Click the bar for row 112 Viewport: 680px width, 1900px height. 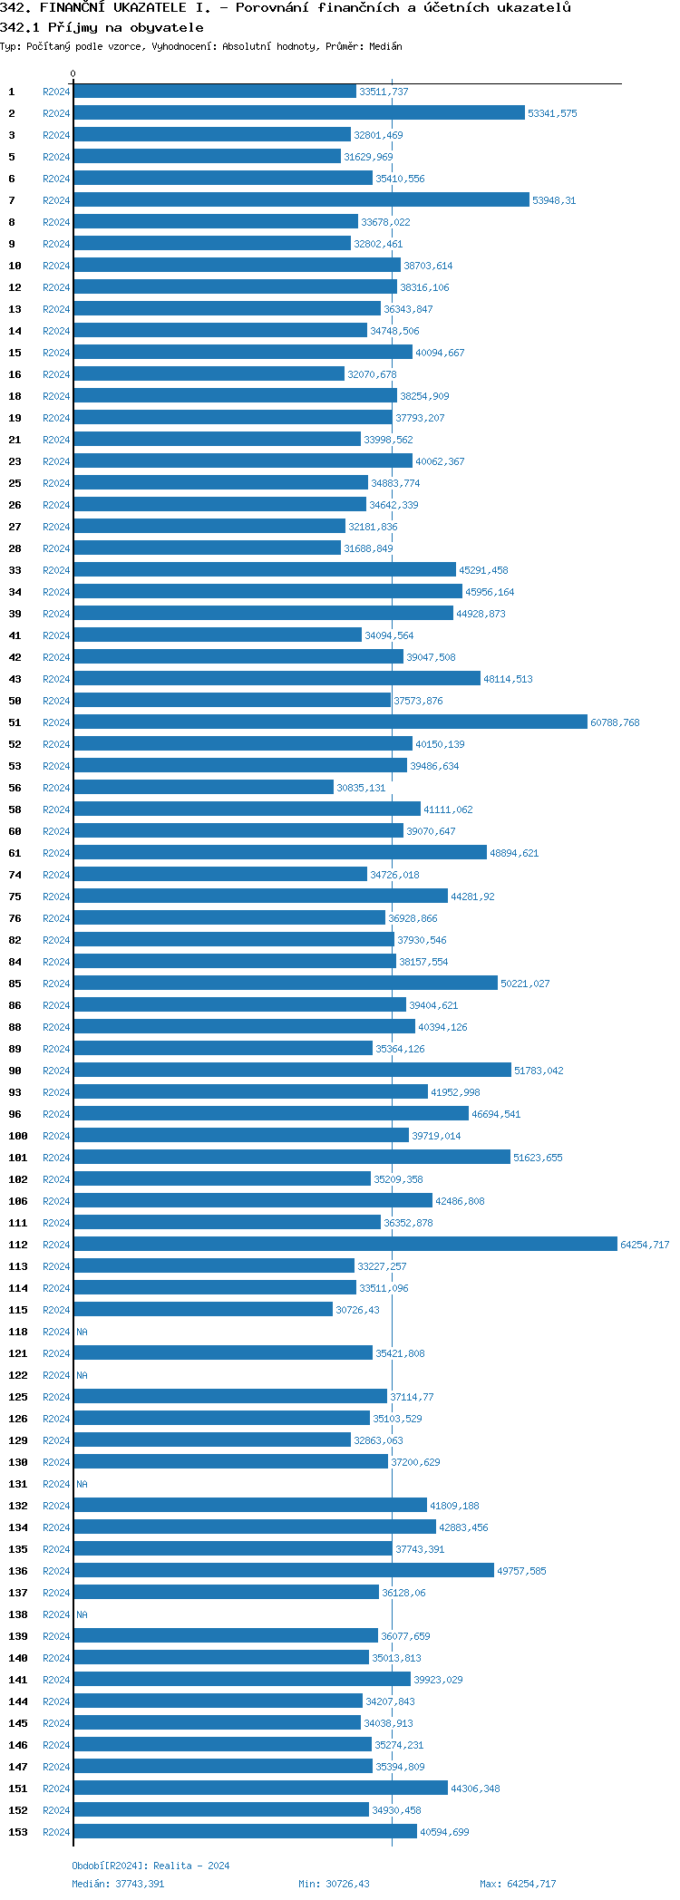[x=345, y=1245]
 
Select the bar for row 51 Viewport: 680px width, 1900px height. [x=330, y=722]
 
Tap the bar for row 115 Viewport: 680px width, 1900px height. [x=203, y=1310]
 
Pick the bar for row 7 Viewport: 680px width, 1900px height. [x=301, y=200]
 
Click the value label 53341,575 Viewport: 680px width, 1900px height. [x=552, y=114]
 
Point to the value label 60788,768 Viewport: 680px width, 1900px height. [x=615, y=723]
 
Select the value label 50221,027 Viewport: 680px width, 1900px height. [x=525, y=984]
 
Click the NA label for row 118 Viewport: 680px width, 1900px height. [x=83, y=1333]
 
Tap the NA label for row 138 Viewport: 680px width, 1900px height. [x=83, y=1615]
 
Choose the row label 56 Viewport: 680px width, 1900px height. [x=15, y=789]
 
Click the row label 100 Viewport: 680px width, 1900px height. [x=18, y=1137]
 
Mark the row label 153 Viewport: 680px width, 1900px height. [x=18, y=1833]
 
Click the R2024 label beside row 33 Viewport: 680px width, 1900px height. [x=56, y=571]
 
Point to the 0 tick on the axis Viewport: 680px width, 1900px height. [x=73, y=74]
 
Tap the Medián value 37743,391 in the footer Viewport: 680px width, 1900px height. [x=140, y=1884]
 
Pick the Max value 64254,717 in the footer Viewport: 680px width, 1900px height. [x=531, y=1884]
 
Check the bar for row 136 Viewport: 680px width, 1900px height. [x=284, y=1571]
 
